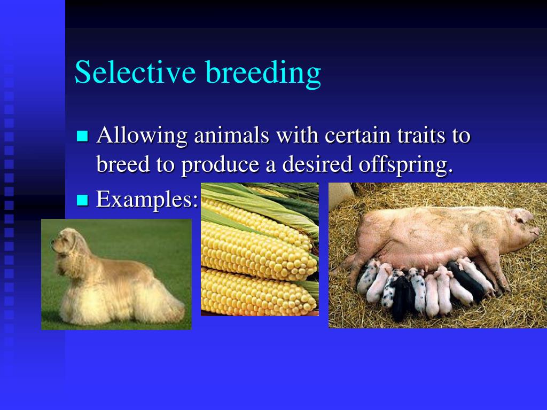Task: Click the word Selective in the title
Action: click(135, 72)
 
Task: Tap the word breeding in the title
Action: click(263, 74)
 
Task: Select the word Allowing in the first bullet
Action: click(142, 135)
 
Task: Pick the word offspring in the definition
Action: click(406, 165)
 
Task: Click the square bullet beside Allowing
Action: click(82, 136)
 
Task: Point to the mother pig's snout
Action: click(537, 232)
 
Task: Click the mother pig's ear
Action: click(521, 215)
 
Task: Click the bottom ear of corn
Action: click(258, 293)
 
